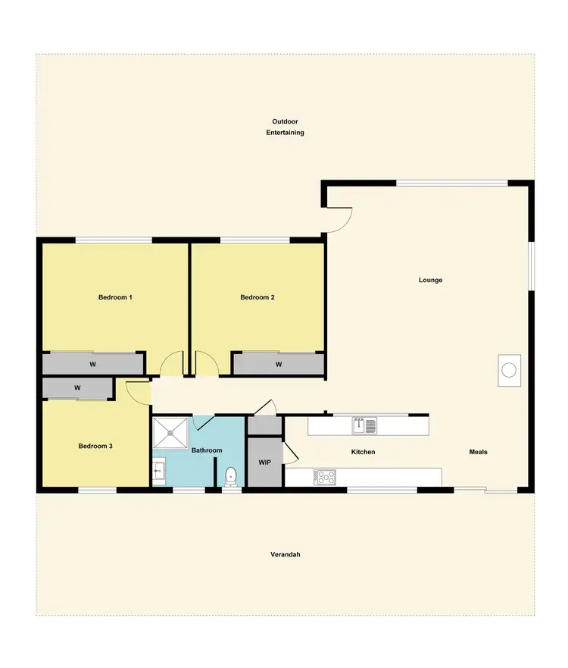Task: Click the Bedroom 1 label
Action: tap(115, 297)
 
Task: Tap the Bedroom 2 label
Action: tap(257, 297)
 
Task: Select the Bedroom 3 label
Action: tap(95, 447)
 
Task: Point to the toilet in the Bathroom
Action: tap(231, 476)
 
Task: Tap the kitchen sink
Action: tap(364, 425)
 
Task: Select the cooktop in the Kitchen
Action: tap(326, 477)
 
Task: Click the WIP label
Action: tap(264, 462)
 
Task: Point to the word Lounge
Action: tap(430, 280)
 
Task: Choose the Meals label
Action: tap(478, 452)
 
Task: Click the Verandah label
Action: tap(286, 554)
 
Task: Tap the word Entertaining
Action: tap(285, 133)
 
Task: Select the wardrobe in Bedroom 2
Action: tap(279, 365)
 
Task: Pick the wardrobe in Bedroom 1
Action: tap(92, 365)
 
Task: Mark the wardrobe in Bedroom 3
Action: tap(77, 388)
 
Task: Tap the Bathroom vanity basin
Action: tap(158, 472)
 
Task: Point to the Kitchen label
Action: tap(363, 452)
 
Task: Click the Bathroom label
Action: tap(207, 450)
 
